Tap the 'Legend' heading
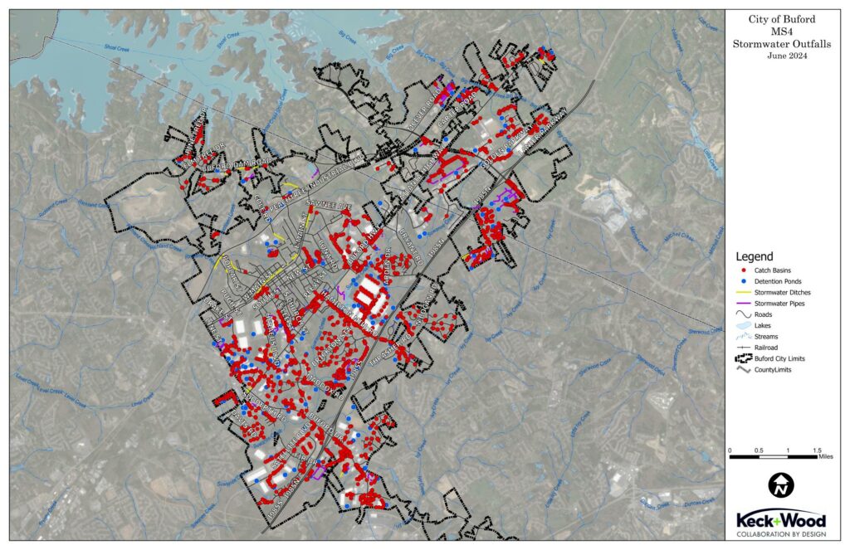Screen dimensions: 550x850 pyautogui.click(x=755, y=256)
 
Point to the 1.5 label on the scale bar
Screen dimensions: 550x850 pyautogui.click(x=817, y=450)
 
